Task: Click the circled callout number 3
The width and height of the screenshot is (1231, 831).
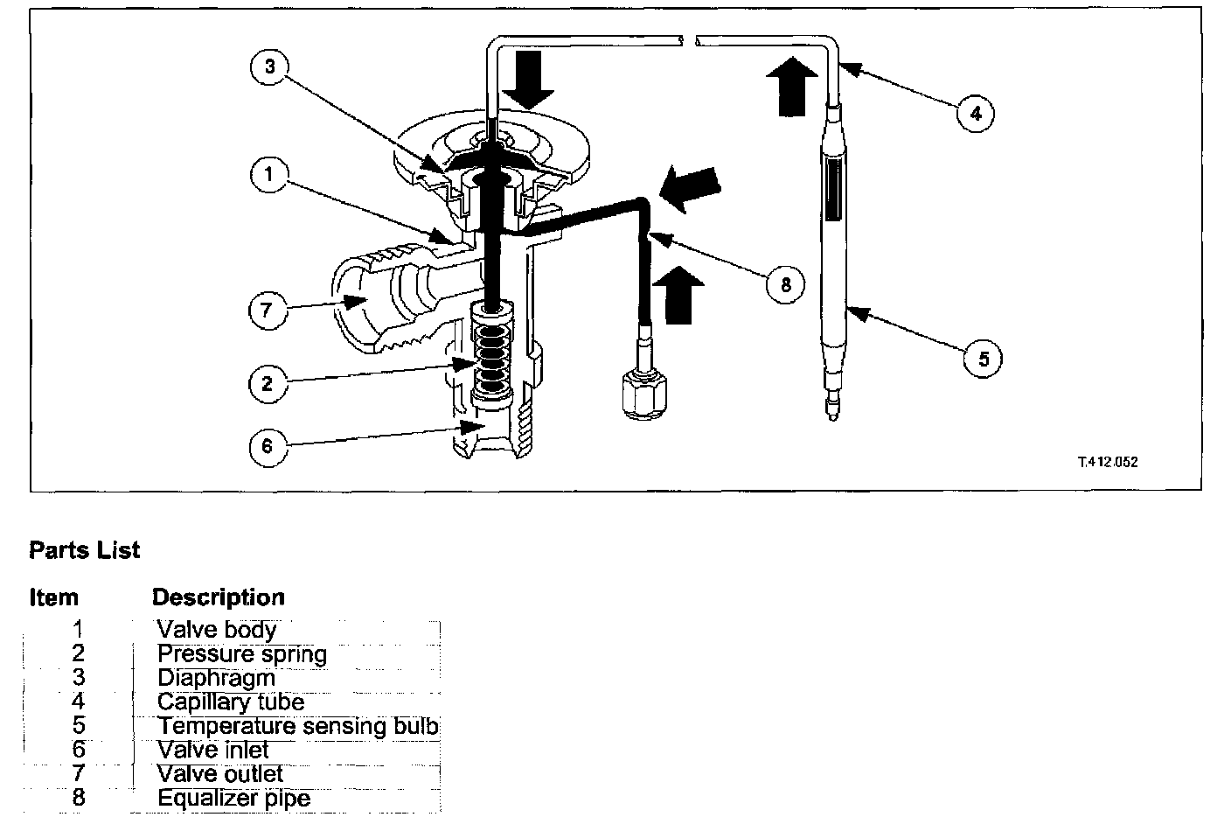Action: (x=270, y=69)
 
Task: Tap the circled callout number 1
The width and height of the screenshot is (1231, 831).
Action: (x=270, y=174)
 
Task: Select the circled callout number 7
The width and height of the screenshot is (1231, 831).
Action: (x=268, y=309)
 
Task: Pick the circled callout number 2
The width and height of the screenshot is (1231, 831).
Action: (x=267, y=382)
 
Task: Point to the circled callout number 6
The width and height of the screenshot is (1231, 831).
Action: (x=268, y=446)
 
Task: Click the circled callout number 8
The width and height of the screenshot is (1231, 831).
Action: (x=785, y=283)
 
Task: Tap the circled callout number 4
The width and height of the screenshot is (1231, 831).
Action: (x=976, y=112)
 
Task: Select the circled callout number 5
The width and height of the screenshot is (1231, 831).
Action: (x=984, y=359)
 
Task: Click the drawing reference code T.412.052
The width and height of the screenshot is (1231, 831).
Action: (x=1108, y=461)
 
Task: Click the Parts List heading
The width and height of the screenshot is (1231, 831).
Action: (x=84, y=550)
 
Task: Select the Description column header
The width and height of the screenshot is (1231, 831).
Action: (x=219, y=597)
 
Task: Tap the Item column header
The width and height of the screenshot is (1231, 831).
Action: (x=53, y=597)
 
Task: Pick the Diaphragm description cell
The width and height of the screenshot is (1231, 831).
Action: (x=216, y=678)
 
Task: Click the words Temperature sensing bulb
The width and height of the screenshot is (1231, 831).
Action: (x=297, y=726)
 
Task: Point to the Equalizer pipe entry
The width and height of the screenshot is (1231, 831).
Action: (x=233, y=798)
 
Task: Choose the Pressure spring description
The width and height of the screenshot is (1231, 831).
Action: (x=241, y=654)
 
